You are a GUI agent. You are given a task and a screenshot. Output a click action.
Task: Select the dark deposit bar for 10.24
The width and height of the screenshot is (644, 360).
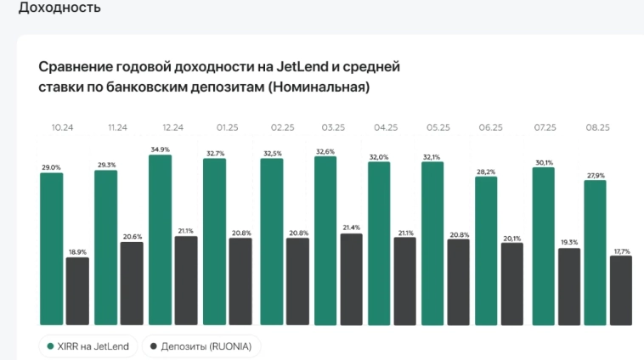click(x=77, y=291)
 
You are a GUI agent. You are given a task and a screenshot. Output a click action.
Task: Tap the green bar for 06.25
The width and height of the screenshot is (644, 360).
click(x=486, y=251)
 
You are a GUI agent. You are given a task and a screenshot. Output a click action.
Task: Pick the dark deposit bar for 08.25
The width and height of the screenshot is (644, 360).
click(x=620, y=290)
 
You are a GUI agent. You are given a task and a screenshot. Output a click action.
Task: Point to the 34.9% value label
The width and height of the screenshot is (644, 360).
click(x=160, y=149)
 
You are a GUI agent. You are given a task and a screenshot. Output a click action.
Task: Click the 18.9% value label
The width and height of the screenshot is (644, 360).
click(x=77, y=252)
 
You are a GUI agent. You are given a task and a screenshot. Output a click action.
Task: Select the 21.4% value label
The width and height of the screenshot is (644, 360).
click(x=352, y=228)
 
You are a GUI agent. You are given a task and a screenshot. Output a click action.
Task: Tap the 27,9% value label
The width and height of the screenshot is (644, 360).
click(x=595, y=175)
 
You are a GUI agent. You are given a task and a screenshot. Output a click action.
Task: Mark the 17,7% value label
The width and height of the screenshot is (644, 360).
click(x=621, y=250)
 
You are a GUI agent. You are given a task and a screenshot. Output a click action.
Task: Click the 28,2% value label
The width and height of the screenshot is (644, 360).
click(x=486, y=171)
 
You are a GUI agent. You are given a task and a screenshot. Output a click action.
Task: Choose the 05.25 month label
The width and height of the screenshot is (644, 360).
click(x=438, y=127)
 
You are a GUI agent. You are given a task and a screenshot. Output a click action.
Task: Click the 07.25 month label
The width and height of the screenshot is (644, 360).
click(x=544, y=127)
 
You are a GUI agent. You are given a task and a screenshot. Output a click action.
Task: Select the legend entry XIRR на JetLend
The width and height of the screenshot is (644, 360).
click(x=88, y=346)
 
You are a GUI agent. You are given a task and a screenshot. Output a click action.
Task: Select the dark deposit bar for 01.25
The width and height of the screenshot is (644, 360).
click(x=240, y=281)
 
